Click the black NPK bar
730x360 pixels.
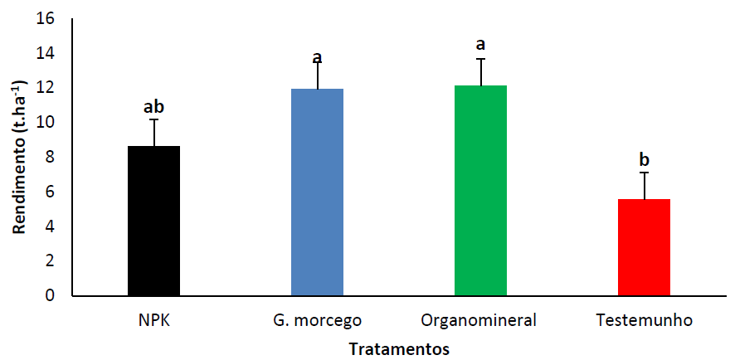click(x=153, y=221)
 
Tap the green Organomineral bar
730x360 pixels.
click(x=480, y=190)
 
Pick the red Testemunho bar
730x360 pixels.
click(x=644, y=247)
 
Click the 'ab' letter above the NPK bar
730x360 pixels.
click(x=153, y=106)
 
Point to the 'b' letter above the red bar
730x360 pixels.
click(x=644, y=159)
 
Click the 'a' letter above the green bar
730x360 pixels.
click(x=480, y=44)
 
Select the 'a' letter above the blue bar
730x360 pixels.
click(x=317, y=58)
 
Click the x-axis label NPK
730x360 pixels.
click(x=153, y=319)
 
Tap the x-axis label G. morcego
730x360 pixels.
click(x=317, y=320)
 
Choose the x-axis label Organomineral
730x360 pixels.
click(x=479, y=320)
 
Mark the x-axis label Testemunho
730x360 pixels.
click(x=644, y=319)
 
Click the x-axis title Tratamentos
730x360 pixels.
click(x=399, y=348)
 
